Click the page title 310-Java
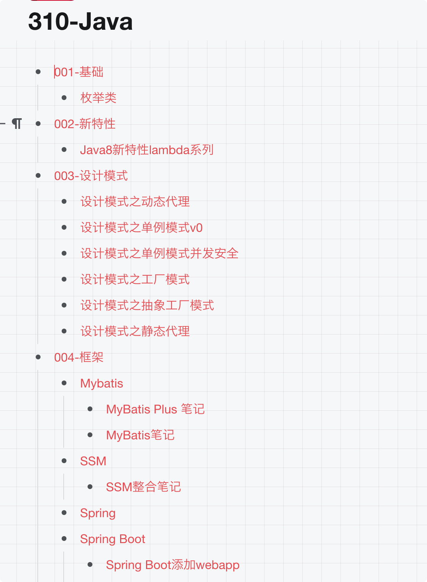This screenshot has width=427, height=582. pos(80,21)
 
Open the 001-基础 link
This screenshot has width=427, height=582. pos(79,72)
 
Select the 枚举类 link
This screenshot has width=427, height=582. pos(98,98)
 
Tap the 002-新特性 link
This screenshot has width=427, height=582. pos(85,124)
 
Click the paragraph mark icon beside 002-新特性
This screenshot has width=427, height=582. pos(17,124)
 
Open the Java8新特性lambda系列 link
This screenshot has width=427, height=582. pos(147,150)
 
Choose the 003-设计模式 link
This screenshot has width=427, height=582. pos(91,176)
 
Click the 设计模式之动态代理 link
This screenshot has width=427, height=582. pos(135,202)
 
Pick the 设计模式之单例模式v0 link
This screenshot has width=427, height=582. pos(141,228)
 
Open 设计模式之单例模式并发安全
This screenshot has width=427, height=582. pos(159,254)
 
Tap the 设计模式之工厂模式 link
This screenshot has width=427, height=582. pos(135,280)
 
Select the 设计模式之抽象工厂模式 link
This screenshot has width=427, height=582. pos(147,305)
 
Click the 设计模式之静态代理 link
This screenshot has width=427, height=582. pos(135,331)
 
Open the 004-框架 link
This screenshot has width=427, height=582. pos(79,357)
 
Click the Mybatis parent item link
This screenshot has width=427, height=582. pos(102,383)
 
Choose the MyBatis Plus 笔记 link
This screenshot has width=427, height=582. pos(155,409)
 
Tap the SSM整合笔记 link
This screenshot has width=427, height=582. pos(143,487)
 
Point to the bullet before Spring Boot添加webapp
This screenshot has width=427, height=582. pos(90,565)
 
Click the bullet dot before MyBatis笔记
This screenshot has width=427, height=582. pos(90,435)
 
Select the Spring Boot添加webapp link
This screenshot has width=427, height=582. pos(173,565)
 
